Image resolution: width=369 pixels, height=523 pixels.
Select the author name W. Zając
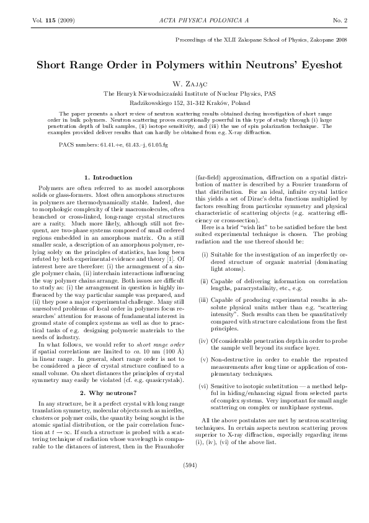coord(185,82)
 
